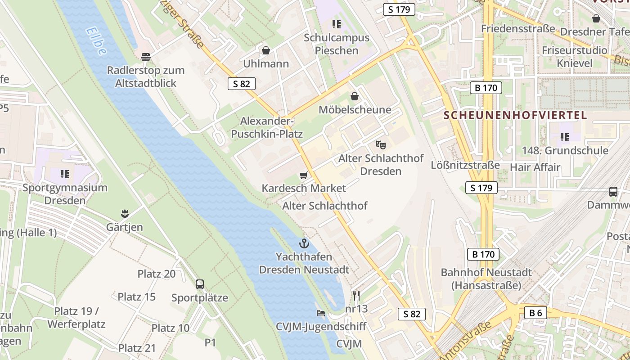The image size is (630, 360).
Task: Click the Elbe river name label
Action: point(96,41)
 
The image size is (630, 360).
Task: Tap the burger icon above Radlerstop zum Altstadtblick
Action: point(145,57)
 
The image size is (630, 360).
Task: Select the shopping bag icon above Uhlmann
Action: point(265,50)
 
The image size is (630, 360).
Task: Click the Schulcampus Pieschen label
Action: point(337,44)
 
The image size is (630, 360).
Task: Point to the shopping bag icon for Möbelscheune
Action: point(355,96)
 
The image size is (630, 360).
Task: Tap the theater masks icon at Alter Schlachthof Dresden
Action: point(381,145)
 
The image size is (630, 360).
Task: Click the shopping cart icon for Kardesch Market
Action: point(304,175)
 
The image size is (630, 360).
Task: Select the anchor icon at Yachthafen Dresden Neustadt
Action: point(304,244)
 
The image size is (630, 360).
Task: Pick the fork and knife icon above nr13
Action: point(356,296)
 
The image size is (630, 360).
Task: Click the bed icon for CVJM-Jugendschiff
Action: point(320,313)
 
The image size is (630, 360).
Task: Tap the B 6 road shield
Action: point(535,313)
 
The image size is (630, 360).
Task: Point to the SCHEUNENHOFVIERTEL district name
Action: point(515,115)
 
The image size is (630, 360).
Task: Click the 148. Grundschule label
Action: point(565,150)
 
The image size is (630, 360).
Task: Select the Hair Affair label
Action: point(535,167)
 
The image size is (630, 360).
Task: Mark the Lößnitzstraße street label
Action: point(465,165)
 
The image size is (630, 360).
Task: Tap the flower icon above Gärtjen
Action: point(125,214)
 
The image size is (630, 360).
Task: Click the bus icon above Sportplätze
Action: point(200,284)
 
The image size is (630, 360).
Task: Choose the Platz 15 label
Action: point(137,297)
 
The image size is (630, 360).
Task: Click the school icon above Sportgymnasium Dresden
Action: point(65,174)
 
